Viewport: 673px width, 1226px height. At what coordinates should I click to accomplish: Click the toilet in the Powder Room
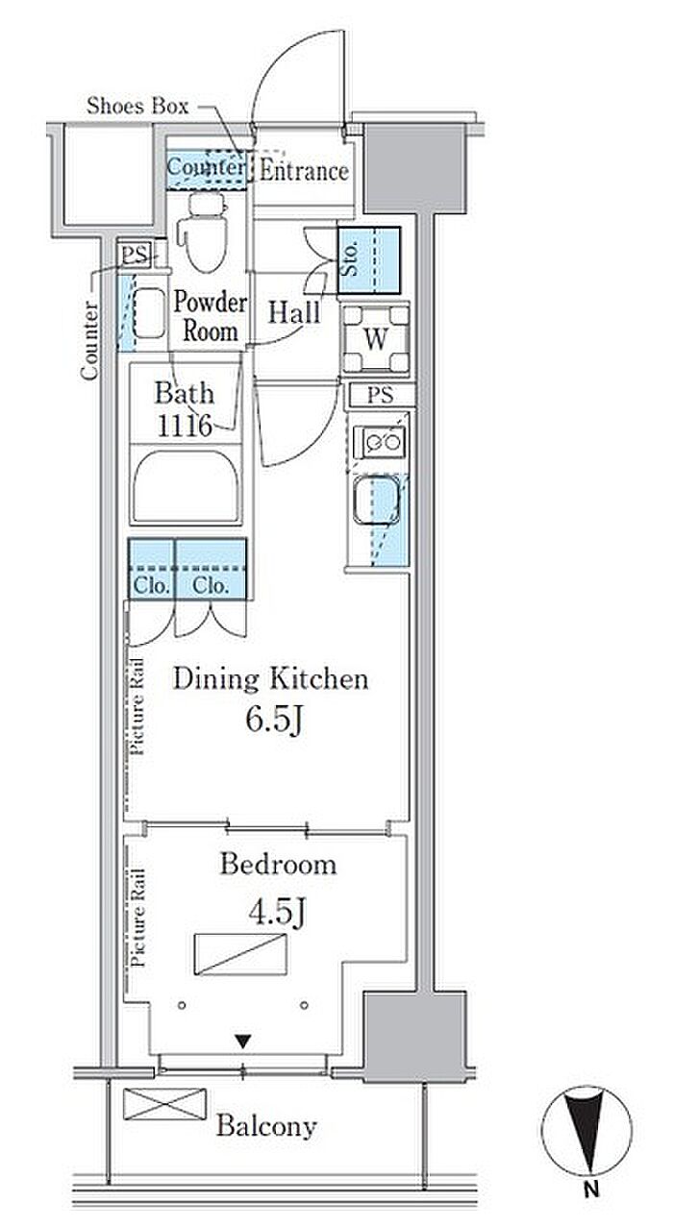coord(204,233)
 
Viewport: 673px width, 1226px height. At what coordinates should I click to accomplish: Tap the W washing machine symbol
coord(376,339)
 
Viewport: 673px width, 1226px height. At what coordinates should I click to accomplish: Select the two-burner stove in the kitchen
coord(380,441)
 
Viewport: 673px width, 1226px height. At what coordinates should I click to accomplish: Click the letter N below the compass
coord(589,1189)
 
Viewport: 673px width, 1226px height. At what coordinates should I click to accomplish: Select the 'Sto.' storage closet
coord(369,260)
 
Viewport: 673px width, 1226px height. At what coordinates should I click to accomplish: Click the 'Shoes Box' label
coord(137,106)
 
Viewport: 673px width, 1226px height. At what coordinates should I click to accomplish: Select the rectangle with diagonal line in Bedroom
coord(241,954)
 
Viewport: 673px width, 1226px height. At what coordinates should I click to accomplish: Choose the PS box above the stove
coord(380,395)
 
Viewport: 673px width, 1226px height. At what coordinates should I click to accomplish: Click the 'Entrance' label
coord(304,171)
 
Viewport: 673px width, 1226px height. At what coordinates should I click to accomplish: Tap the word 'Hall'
coord(294,313)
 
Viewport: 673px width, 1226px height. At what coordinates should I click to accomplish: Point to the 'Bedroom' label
coord(278,865)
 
